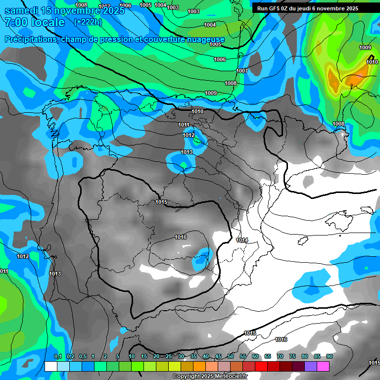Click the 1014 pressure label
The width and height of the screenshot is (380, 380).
tap(242, 240)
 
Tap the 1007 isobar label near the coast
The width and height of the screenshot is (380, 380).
tap(242, 71)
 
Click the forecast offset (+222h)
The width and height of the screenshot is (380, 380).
tap(88, 22)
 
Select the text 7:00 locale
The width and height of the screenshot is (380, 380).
tap(35, 22)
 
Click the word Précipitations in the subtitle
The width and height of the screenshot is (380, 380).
tap(31, 39)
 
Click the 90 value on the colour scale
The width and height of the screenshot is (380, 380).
tap(329, 356)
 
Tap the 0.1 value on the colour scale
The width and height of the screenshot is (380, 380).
tap(57, 356)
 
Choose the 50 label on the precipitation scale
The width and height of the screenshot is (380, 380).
tap(231, 356)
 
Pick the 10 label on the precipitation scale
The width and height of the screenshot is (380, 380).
tap(132, 356)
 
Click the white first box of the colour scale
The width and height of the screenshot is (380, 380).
tap(50, 366)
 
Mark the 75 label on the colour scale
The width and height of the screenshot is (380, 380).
tap(292, 356)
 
